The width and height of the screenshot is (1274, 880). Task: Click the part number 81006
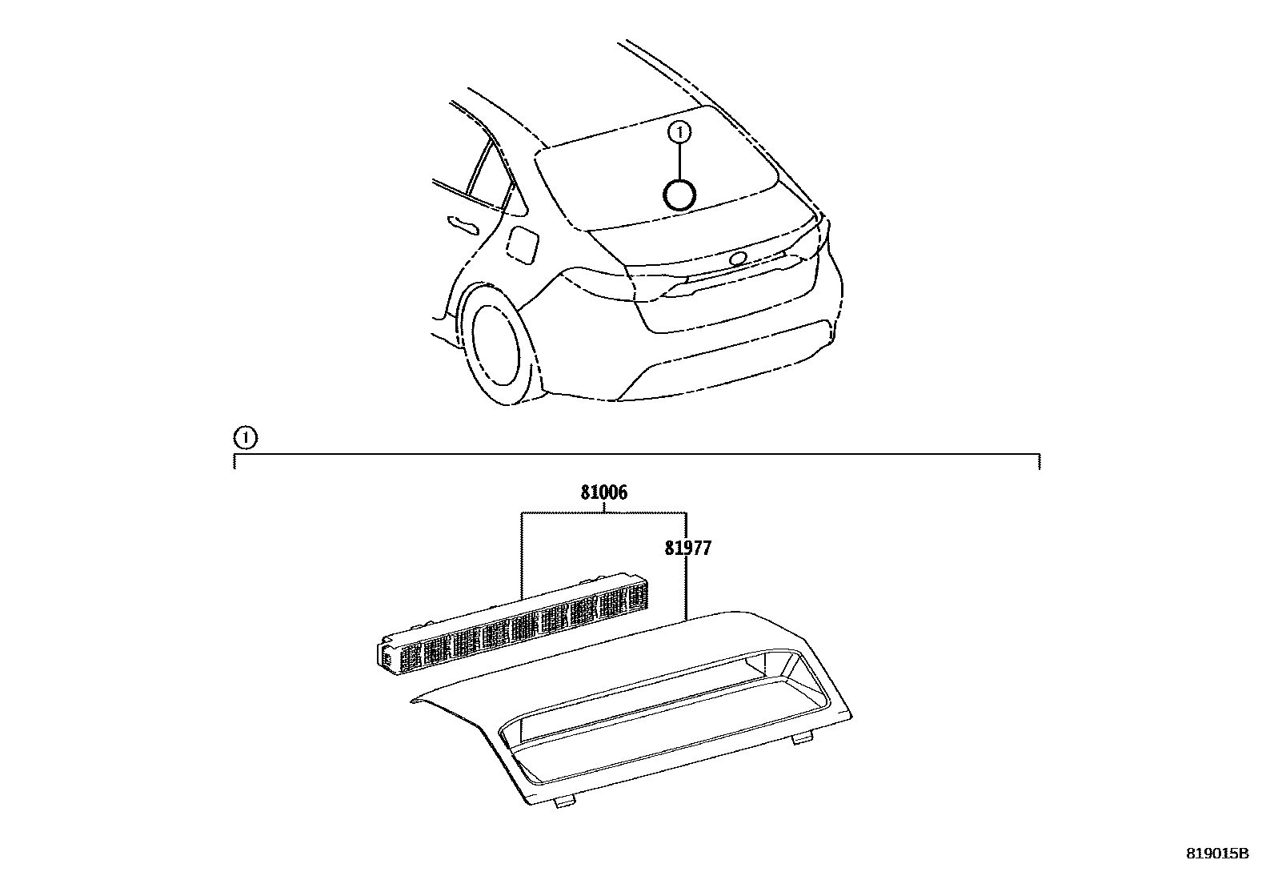[603, 493]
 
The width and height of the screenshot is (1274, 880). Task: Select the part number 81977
[687, 548]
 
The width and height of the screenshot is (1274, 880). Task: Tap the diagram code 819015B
[1216, 854]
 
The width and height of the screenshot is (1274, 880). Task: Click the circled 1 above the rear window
[679, 131]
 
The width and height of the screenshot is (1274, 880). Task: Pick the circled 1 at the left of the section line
[245, 437]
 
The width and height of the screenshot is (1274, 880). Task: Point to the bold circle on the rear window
[679, 195]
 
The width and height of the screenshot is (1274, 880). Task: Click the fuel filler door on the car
[524, 243]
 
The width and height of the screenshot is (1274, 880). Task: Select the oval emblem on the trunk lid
[737, 258]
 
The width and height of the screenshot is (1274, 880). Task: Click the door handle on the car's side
[463, 224]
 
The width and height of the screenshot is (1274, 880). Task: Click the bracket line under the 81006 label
[603, 512]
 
